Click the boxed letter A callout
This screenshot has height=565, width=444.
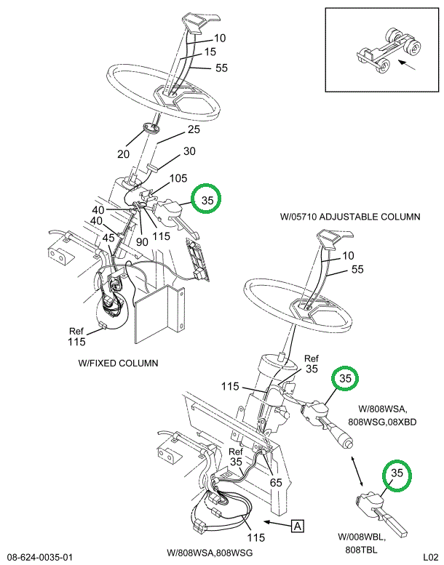tap(298, 524)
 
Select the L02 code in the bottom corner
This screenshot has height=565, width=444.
tap(427, 557)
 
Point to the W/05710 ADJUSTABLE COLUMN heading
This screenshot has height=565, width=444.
tap(350, 217)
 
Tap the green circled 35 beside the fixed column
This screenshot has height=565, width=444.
tap(207, 200)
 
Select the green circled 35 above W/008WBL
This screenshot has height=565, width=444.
tap(397, 473)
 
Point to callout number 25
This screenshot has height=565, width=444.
tap(193, 130)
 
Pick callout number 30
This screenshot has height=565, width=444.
tap(189, 152)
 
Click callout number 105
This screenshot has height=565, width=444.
tap(178, 178)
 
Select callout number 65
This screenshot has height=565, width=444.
tap(275, 481)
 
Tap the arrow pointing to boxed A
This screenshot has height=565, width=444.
tap(277, 522)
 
